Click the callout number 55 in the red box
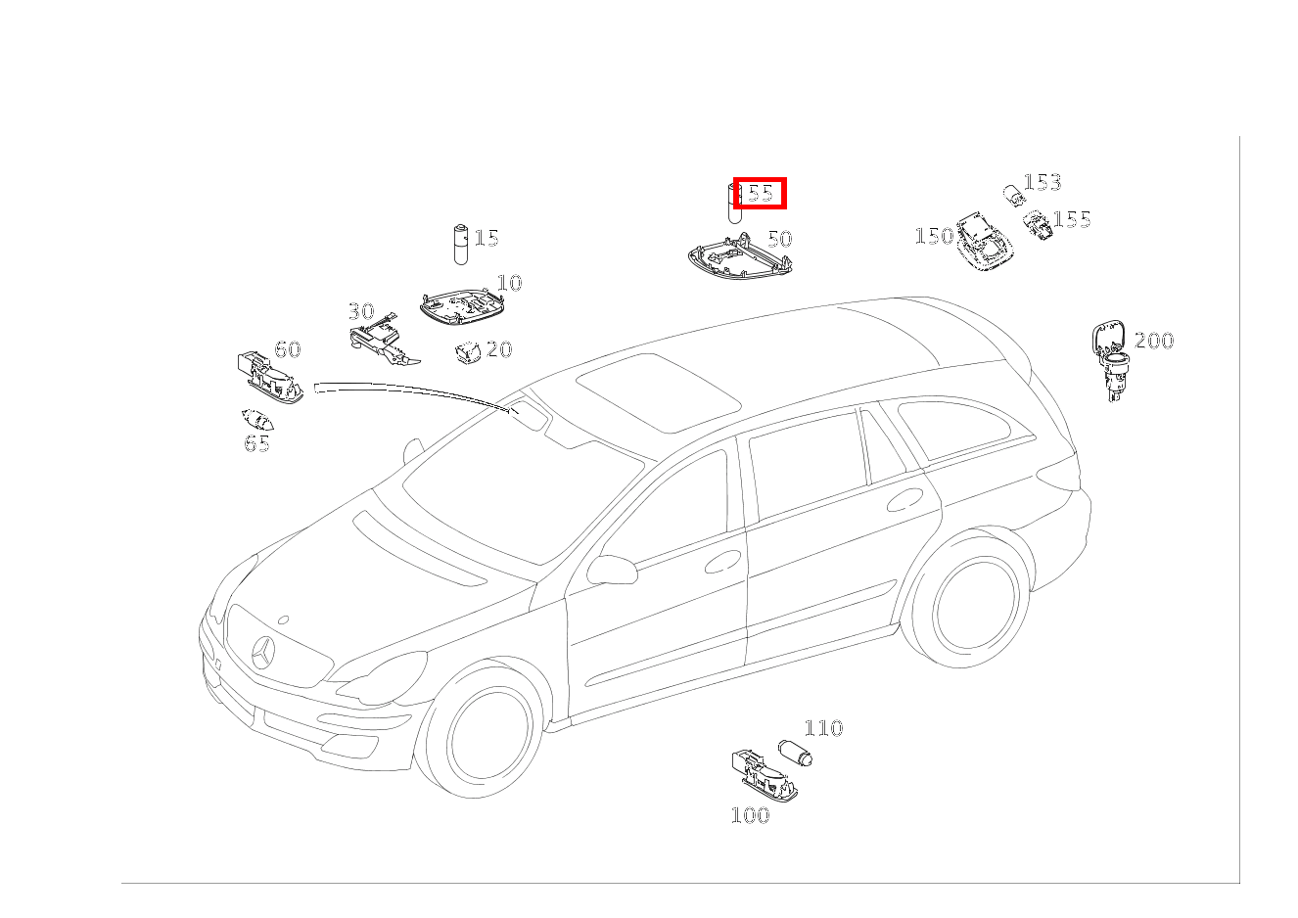click(761, 193)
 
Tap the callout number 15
click(487, 238)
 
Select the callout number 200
click(1154, 341)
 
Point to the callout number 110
click(823, 728)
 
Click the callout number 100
click(751, 815)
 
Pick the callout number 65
click(256, 443)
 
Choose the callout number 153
click(1043, 182)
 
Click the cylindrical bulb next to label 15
click(461, 244)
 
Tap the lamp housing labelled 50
click(740, 256)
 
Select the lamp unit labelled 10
click(462, 307)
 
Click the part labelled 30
click(384, 343)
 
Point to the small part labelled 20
click(468, 352)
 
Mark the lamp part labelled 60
click(270, 377)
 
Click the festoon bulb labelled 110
click(795, 753)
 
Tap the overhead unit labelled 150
click(985, 242)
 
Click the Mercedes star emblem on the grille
click(264, 653)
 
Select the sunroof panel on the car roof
click(659, 392)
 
